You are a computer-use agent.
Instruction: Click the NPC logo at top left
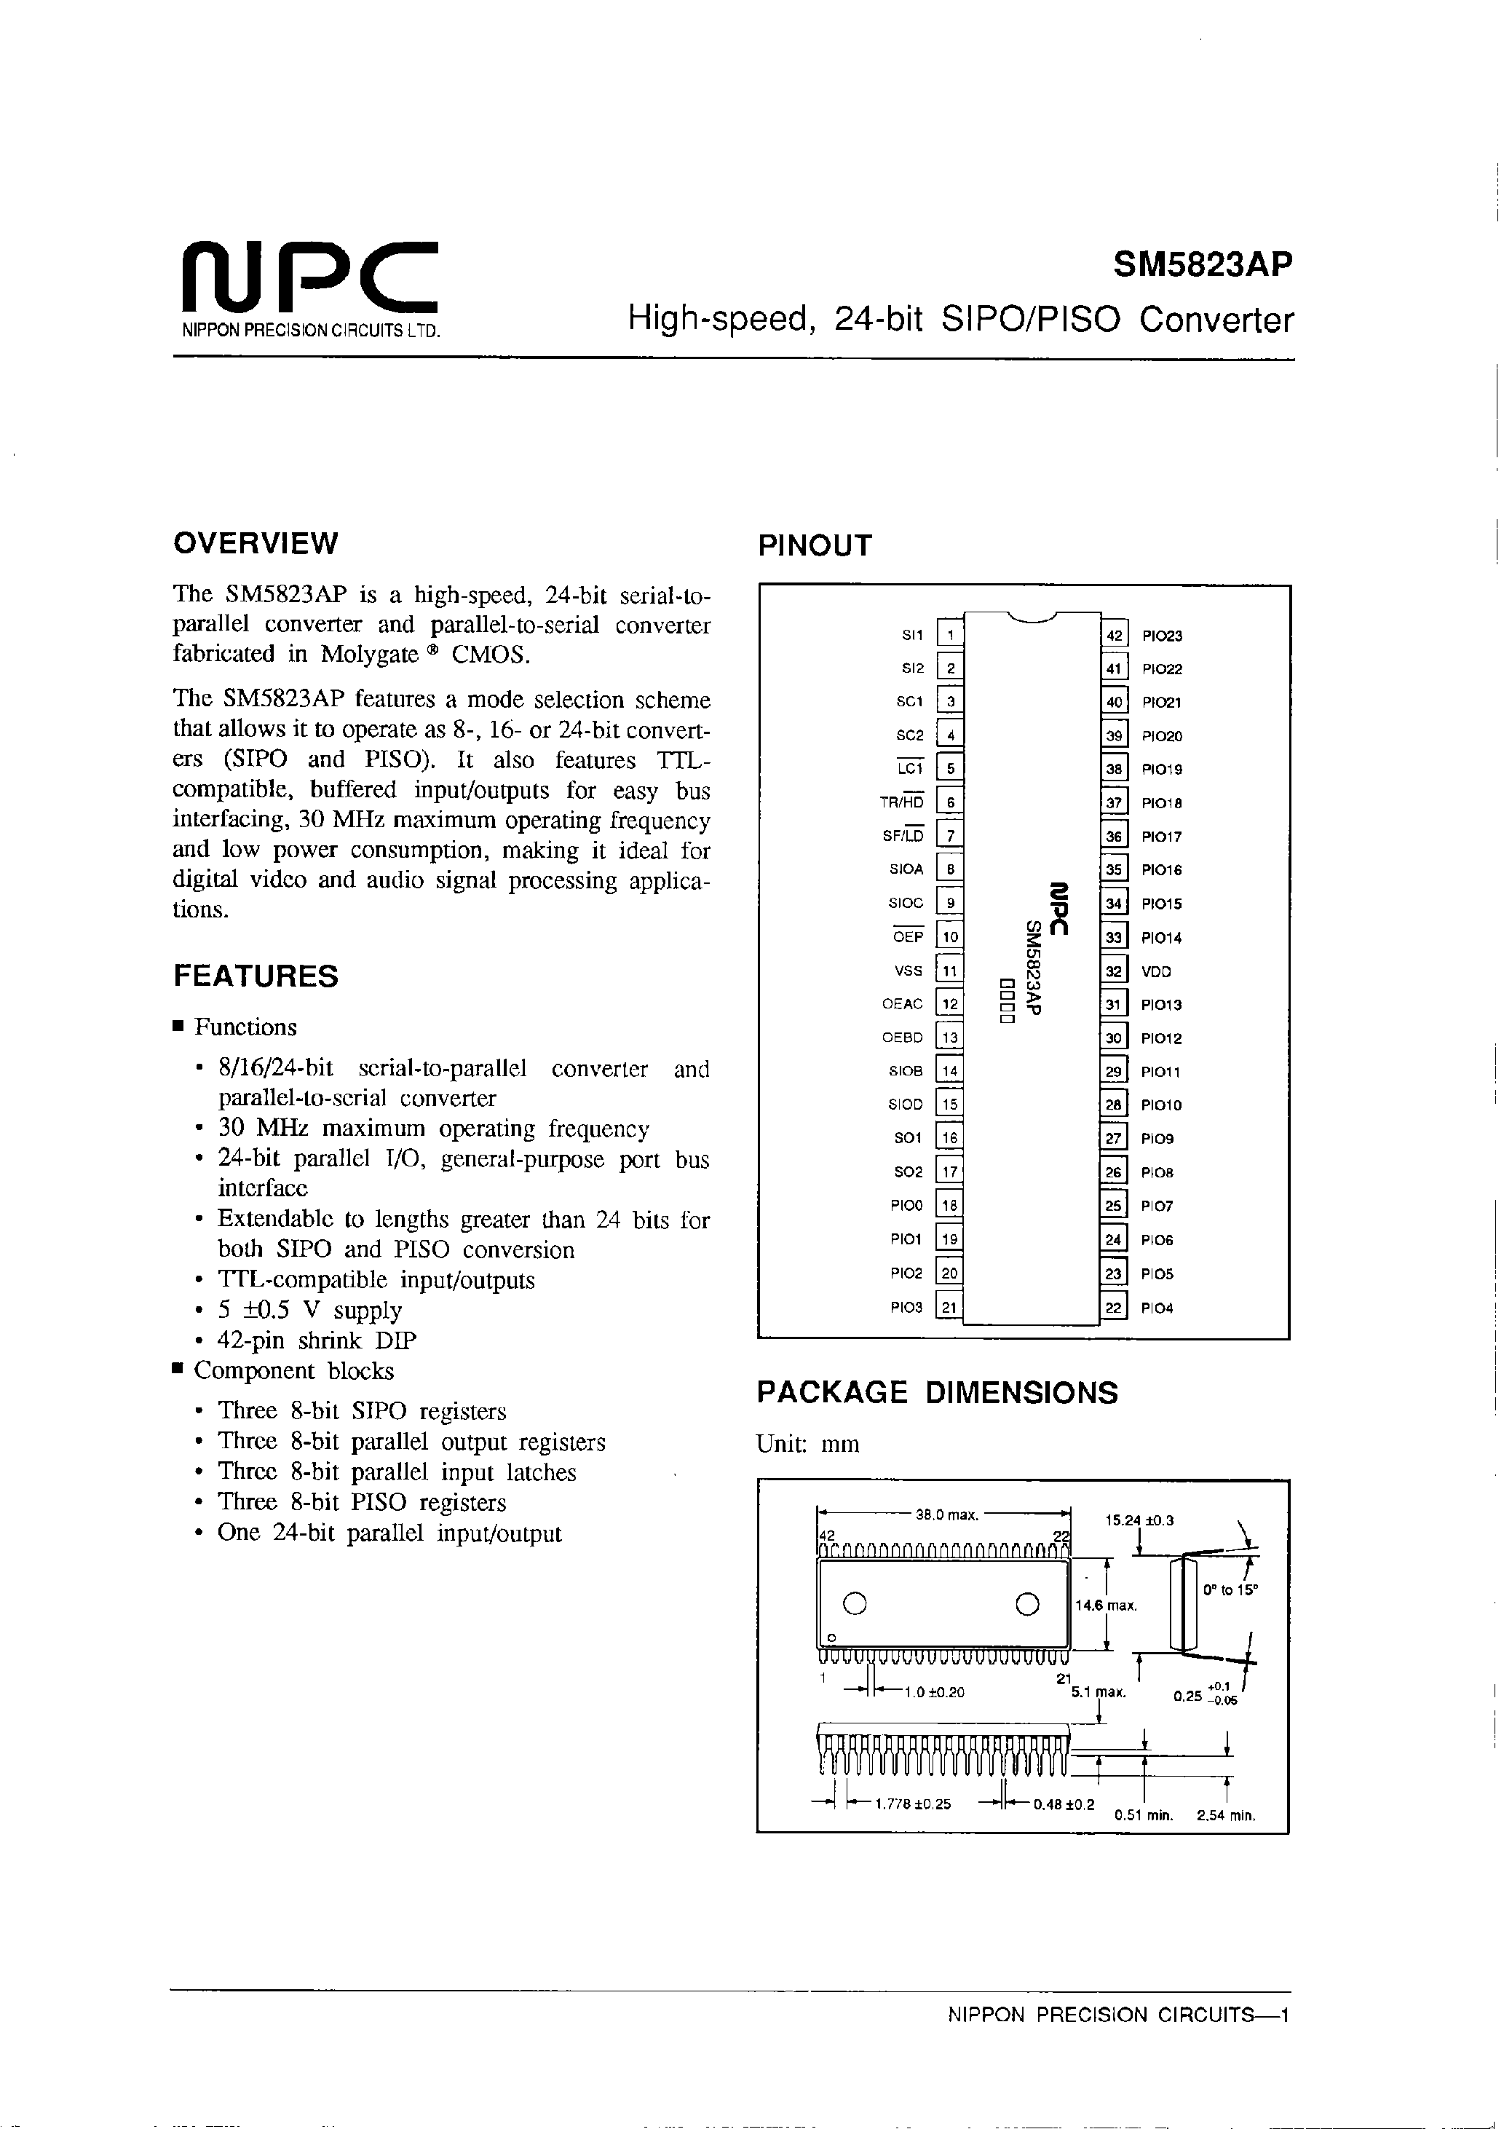tap(308, 278)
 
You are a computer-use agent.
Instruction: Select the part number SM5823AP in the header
tap(1202, 266)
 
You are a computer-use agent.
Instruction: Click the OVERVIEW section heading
tap(256, 543)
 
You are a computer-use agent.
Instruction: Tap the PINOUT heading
tap(815, 546)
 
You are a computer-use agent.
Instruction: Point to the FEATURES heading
tap(256, 976)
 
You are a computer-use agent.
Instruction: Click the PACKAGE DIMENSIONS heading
tap(938, 1393)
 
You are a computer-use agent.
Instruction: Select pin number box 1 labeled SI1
tap(951, 635)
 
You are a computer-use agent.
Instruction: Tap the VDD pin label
tap(1156, 972)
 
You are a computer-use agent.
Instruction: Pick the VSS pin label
tap(909, 971)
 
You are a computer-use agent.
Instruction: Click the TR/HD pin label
tap(901, 802)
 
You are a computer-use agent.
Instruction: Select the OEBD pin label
tap(902, 1038)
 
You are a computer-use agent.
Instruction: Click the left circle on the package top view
tap(855, 1603)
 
